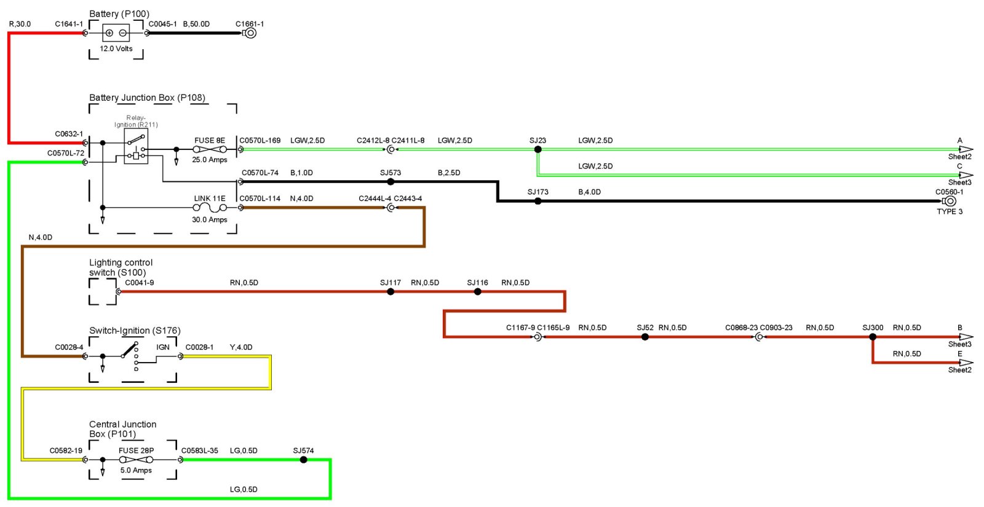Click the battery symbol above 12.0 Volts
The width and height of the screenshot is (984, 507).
116,33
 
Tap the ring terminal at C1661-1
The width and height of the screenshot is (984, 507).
250,33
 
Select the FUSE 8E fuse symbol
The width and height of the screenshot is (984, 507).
210,149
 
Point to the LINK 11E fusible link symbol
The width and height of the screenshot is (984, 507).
210,208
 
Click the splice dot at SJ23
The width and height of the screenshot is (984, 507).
538,149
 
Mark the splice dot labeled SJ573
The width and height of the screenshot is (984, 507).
391,182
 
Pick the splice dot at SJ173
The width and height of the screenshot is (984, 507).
538,201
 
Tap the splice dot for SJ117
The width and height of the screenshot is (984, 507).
391,291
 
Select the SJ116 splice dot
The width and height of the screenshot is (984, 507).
478,291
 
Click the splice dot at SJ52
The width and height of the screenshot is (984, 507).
645,337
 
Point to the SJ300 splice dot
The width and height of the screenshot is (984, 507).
873,337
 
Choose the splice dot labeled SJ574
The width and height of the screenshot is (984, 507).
303,460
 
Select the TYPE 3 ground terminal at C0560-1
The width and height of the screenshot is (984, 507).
950,201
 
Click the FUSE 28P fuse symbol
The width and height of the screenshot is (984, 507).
136,460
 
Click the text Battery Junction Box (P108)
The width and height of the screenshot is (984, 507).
147,98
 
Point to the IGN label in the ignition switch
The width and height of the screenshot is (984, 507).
163,347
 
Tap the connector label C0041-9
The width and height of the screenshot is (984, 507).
140,283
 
